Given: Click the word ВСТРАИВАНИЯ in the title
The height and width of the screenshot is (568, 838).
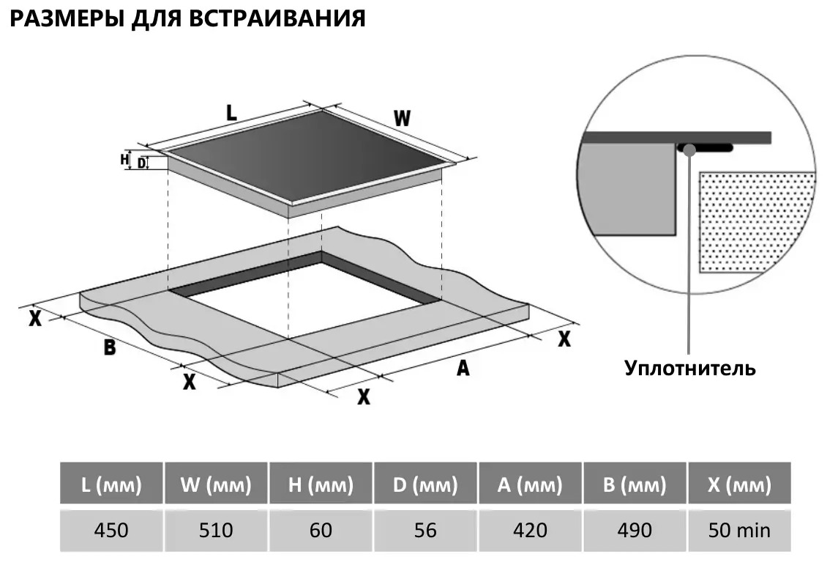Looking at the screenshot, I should (277, 18).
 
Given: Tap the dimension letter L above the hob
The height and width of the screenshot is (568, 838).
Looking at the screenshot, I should (231, 113).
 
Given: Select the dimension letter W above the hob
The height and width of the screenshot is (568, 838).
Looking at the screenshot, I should (402, 118).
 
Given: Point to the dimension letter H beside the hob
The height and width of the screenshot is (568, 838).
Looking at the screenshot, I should (124, 158).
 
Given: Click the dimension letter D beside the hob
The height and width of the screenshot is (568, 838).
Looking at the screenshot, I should (141, 163).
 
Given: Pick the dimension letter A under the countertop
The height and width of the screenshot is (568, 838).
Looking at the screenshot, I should (463, 369).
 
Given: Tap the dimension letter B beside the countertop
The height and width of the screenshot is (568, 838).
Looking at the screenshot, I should (109, 347).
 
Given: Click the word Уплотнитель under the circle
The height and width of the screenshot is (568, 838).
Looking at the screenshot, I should (689, 367).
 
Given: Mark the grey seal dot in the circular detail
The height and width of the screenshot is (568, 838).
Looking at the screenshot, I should (689, 150).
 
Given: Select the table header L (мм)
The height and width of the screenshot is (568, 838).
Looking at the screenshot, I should (111, 484).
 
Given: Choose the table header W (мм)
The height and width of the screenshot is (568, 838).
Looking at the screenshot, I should (216, 484).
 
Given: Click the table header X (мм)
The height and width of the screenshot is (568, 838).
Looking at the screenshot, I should (739, 484).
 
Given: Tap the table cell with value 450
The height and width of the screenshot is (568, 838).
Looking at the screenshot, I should (111, 529).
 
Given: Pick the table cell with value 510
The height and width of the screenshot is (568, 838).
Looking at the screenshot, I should (216, 529).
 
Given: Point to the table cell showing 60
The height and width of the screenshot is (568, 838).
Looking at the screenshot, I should (321, 529).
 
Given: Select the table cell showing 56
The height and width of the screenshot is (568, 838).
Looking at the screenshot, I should (425, 529).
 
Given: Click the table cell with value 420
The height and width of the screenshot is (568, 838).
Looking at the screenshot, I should (530, 529).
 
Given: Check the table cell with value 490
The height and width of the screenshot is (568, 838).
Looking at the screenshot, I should (635, 529).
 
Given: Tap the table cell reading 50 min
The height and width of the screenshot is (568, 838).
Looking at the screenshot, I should (739, 529).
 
